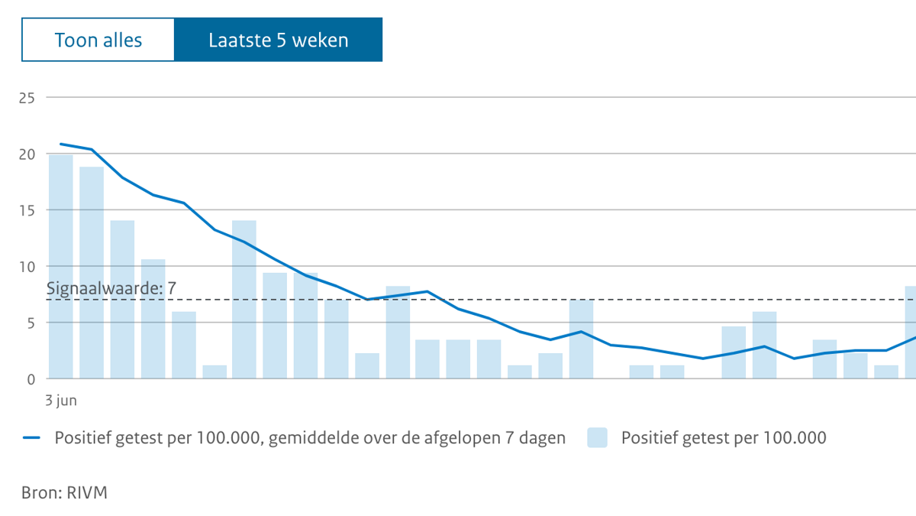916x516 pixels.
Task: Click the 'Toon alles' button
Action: click(98, 40)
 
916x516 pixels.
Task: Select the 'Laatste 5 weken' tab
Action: click(278, 40)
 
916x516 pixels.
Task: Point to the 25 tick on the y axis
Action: click(27, 98)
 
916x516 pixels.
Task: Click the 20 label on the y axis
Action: click(27, 154)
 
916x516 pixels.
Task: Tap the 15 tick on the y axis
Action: click(27, 210)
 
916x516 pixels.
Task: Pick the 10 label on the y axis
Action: click(27, 267)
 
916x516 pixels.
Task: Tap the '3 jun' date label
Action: click(61, 400)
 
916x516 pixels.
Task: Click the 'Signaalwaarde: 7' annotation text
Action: click(111, 289)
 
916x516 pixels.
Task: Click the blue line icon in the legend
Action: click(31, 438)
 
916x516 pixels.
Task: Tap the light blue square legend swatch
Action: click(597, 438)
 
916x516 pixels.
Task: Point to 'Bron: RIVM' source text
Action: click(64, 492)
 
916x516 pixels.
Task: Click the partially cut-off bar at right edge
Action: click(910, 332)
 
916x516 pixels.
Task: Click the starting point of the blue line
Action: click(61, 144)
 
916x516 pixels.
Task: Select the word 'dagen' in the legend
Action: click(543, 438)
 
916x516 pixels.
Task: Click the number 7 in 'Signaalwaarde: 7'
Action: click(172, 289)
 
